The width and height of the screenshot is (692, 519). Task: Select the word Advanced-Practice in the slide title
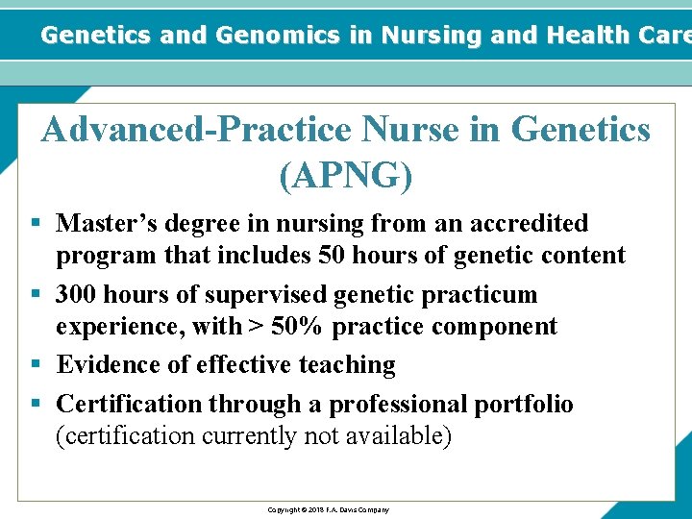coord(195,129)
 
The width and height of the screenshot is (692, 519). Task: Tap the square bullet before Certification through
coord(36,404)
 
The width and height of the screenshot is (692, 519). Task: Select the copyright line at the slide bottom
coord(328,509)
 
